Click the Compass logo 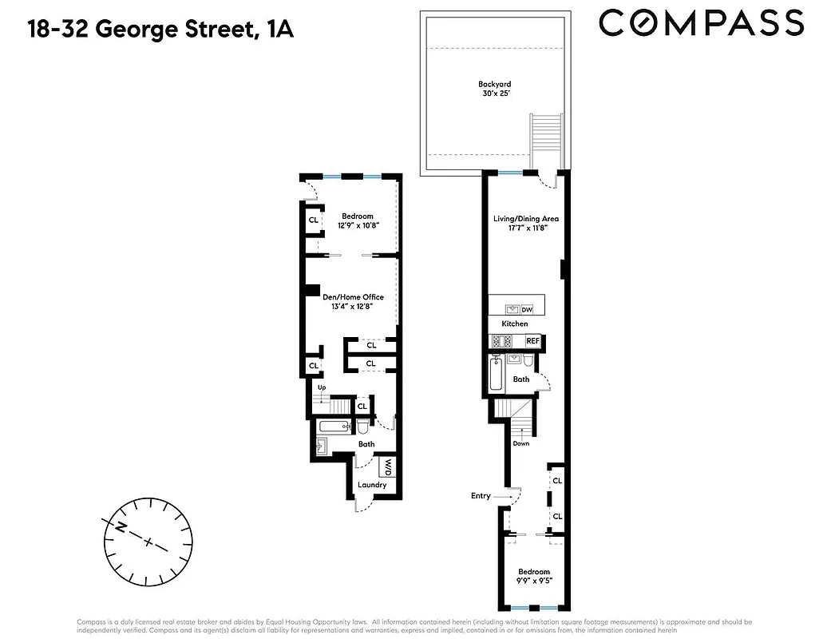[701, 22]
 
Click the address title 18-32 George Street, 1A [160, 30]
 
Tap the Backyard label [494, 84]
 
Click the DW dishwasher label [527, 309]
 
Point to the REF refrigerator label [532, 341]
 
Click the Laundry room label [372, 485]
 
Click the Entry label [481, 496]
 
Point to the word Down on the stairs [521, 443]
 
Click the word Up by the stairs [322, 388]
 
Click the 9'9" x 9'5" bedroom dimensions [533, 581]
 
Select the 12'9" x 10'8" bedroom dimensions [357, 226]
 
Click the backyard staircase [547, 140]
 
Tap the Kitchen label [515, 323]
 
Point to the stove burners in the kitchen [503, 341]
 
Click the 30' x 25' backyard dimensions [494, 94]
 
